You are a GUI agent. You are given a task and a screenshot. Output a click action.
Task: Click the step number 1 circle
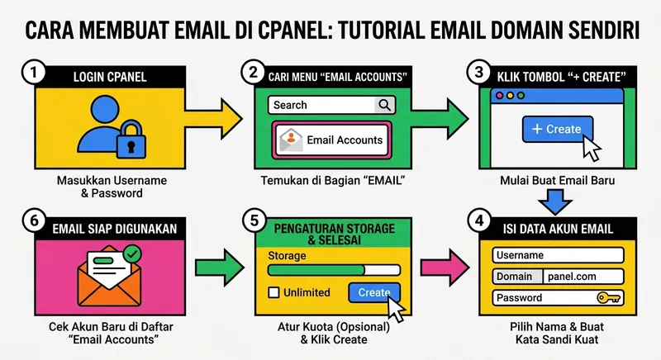point(32,73)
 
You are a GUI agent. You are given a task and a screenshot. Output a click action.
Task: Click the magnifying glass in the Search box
point(384,105)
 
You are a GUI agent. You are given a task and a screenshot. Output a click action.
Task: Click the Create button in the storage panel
point(373,292)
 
